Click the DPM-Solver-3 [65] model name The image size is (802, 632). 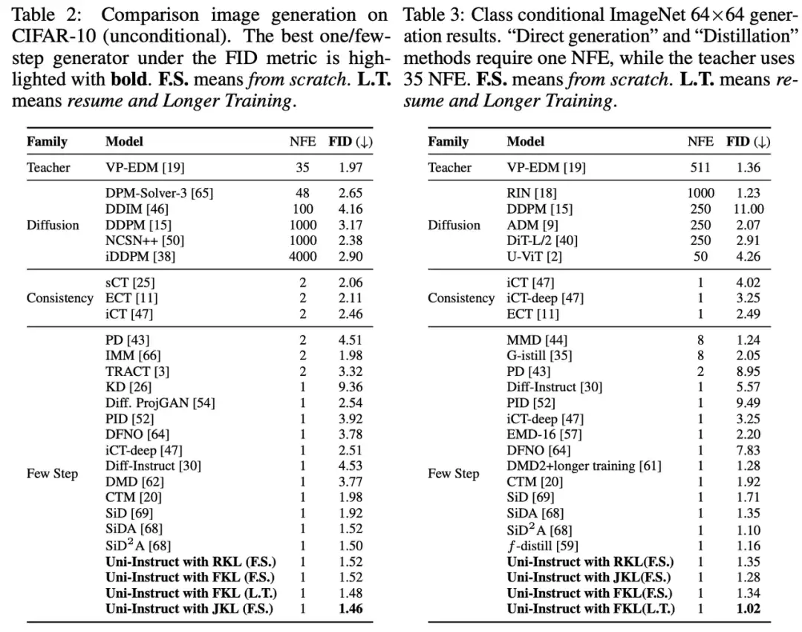tap(159, 193)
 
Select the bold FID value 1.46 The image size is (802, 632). tap(351, 609)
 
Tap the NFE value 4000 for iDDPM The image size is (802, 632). tap(302, 256)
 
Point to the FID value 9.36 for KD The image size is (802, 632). tap(351, 387)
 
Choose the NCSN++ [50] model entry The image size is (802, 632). tap(145, 241)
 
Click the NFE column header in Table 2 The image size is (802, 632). tap(302, 142)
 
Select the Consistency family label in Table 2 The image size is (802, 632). tap(60, 299)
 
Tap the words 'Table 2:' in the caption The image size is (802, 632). tap(43, 15)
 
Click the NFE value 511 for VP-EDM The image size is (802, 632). tap(700, 168)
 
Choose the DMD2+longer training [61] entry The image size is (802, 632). tap(584, 466)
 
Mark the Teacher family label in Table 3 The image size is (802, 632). tap(449, 168)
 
